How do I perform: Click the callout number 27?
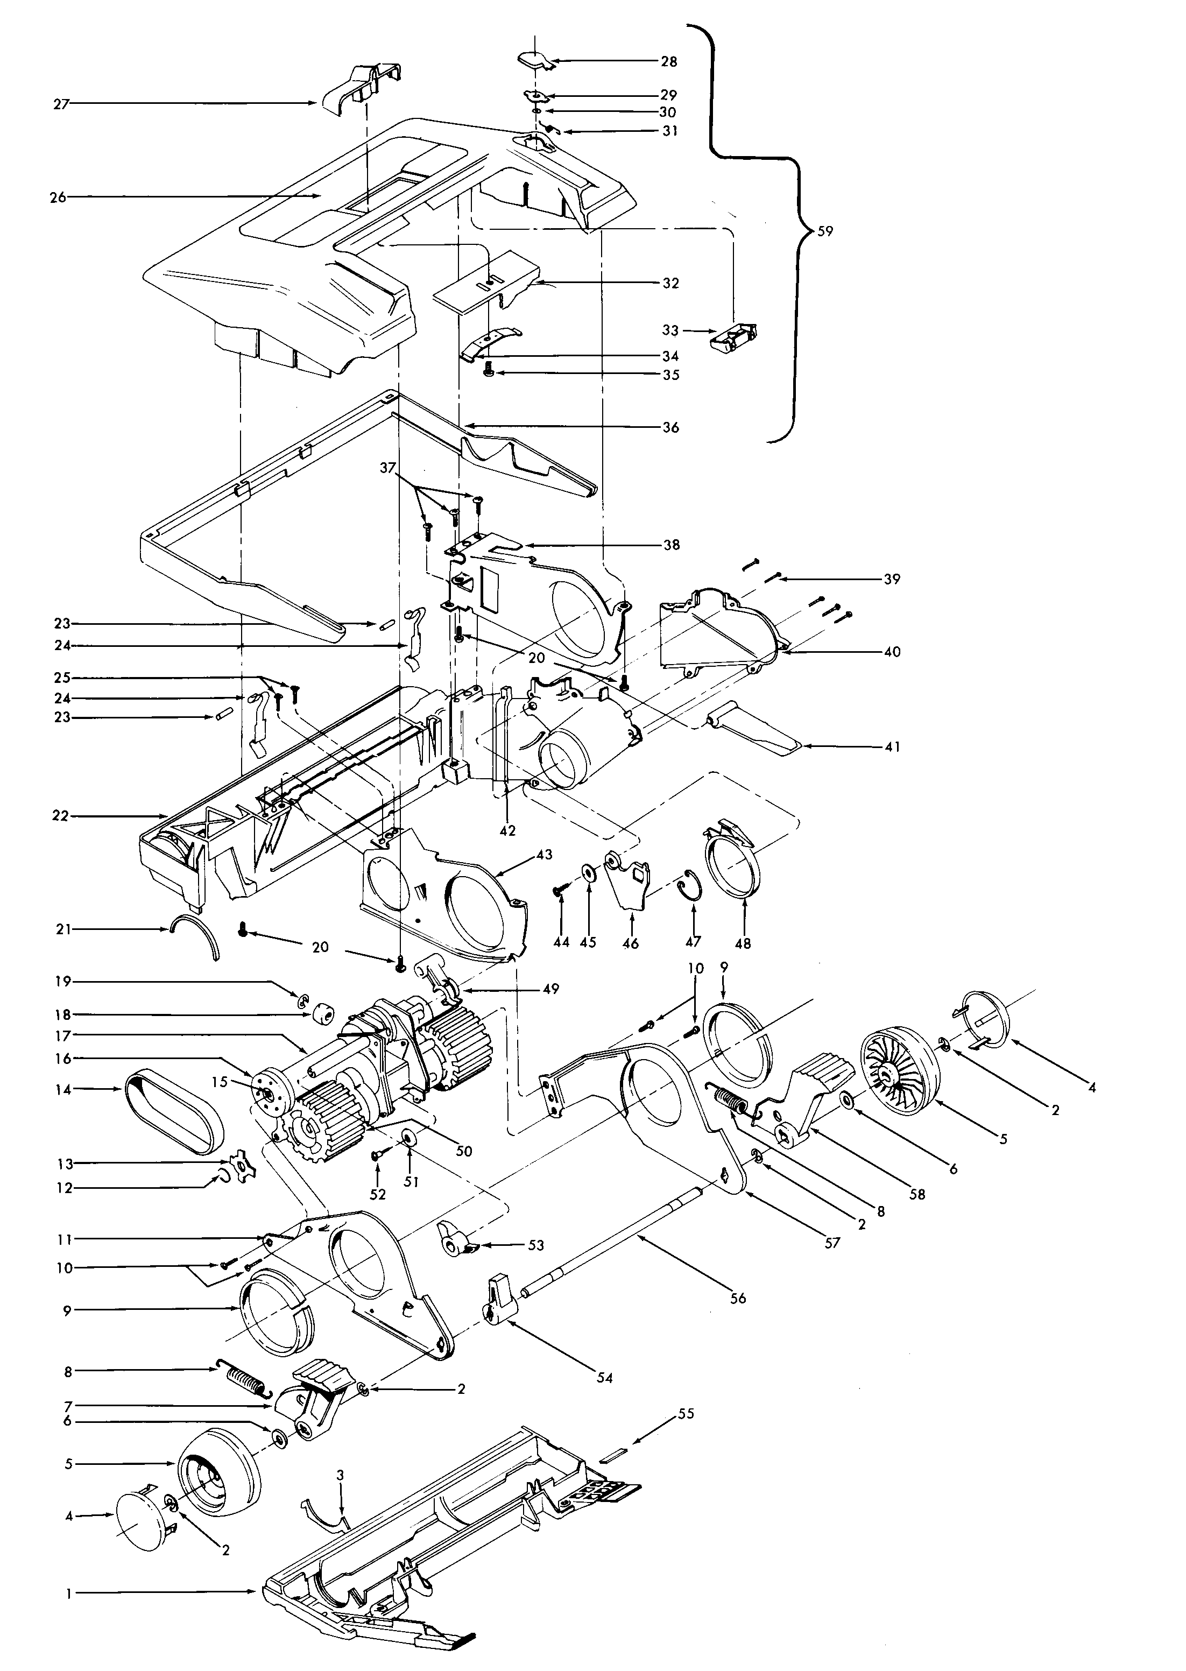61,104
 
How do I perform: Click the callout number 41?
892,747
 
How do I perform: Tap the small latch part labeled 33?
733,337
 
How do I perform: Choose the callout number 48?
743,943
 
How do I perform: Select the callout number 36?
670,427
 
